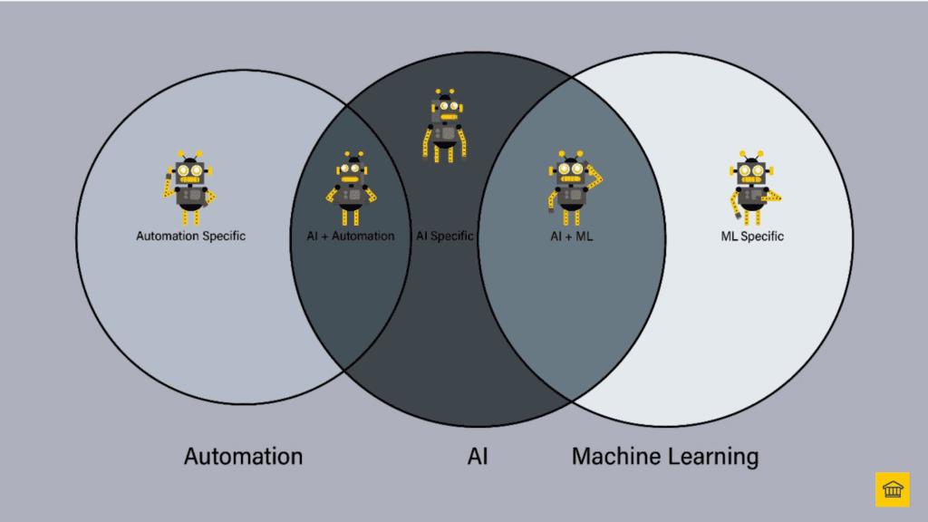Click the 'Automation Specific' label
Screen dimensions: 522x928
click(x=190, y=237)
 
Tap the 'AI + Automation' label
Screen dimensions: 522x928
click(x=350, y=237)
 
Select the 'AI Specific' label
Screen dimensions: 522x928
click(x=444, y=237)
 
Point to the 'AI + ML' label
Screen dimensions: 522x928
click(x=571, y=237)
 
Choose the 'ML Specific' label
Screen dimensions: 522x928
click(x=751, y=237)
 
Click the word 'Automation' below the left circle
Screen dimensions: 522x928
click(x=243, y=456)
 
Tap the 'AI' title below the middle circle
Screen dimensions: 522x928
click(x=478, y=456)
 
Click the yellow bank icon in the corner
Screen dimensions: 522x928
click(x=892, y=489)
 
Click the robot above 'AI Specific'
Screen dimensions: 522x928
click(x=444, y=127)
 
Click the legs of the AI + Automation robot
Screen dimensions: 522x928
click(x=350, y=216)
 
